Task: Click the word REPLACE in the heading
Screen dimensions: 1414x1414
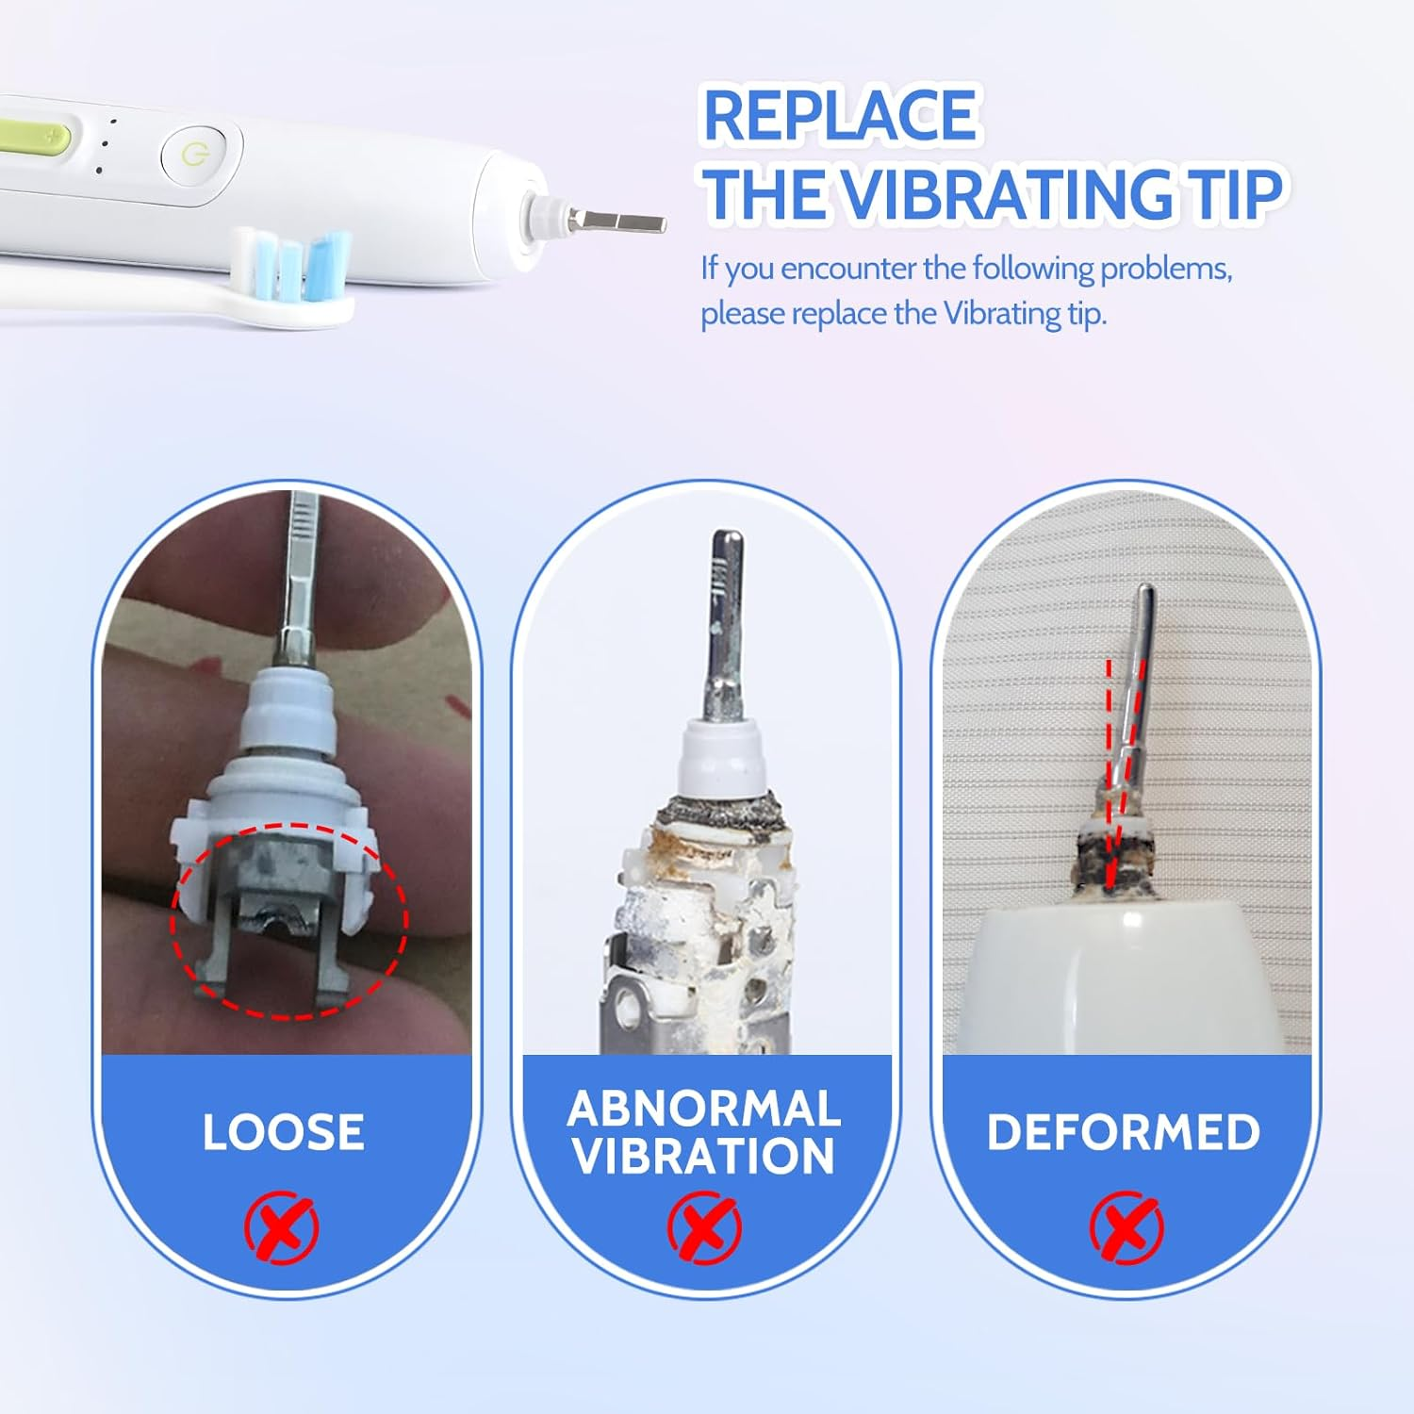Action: pyautogui.click(x=839, y=116)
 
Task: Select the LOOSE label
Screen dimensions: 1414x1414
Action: pyautogui.click(x=283, y=1132)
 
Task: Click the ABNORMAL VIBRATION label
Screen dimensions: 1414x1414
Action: pyautogui.click(x=704, y=1132)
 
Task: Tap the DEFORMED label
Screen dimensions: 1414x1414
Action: pyautogui.click(x=1124, y=1132)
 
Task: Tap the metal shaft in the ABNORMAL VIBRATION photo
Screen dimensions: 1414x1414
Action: pyautogui.click(x=725, y=622)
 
